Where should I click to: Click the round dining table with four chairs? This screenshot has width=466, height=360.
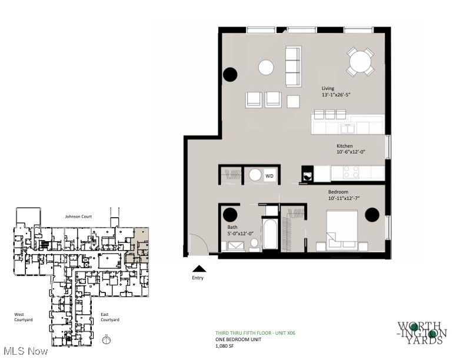[x=360, y=61]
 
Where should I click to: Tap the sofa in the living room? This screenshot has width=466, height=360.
[x=292, y=66]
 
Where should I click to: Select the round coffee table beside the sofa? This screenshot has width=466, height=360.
[x=266, y=67]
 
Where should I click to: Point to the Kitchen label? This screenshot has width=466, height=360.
[x=345, y=145]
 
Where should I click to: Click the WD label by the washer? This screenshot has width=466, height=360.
[x=269, y=176]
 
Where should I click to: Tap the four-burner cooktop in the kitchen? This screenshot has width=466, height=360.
[x=351, y=172]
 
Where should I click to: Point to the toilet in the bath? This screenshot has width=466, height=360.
[x=254, y=243]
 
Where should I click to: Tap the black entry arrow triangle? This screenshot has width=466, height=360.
[x=197, y=268]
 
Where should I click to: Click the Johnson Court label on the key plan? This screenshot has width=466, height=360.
[x=78, y=216]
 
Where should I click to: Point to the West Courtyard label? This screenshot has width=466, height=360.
[x=24, y=317]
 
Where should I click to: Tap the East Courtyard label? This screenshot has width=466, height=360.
[x=109, y=317]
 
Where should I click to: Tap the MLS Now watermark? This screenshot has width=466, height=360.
[x=24, y=351]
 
